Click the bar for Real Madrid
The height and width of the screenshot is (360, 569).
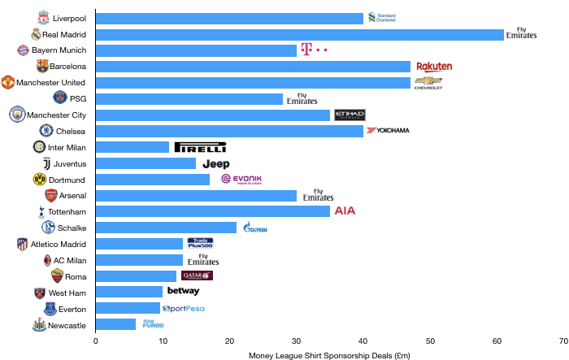pyautogui.click(x=300, y=34)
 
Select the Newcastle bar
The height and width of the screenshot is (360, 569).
pyautogui.click(x=115, y=324)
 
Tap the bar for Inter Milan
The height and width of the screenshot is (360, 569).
pyautogui.click(x=132, y=147)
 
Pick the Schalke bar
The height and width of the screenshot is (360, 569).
pyautogui.click(x=166, y=228)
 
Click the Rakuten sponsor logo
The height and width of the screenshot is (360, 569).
pyautogui.click(x=434, y=67)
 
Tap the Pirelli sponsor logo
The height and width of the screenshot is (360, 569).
pyautogui.click(x=200, y=147)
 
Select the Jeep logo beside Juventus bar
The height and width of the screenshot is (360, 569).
pyautogui.click(x=215, y=163)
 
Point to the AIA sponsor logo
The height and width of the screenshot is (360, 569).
pyautogui.click(x=345, y=211)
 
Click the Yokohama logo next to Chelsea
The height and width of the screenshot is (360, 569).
pyautogui.click(x=389, y=131)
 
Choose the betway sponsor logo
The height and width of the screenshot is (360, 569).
pyautogui.click(x=183, y=291)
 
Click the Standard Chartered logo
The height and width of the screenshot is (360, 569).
pyautogui.click(x=381, y=18)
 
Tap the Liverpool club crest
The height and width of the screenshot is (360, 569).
pyautogui.click(x=43, y=18)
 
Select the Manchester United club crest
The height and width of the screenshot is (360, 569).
pyautogui.click(x=7, y=82)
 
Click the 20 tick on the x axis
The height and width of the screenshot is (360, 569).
pyautogui.click(x=229, y=340)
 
